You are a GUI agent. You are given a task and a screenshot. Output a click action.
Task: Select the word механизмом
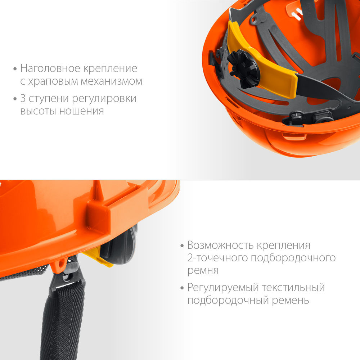point(113,81)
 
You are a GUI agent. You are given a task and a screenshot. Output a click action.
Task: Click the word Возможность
point(221,246)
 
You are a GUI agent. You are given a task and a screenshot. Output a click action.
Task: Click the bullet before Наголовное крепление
point(14,68)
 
